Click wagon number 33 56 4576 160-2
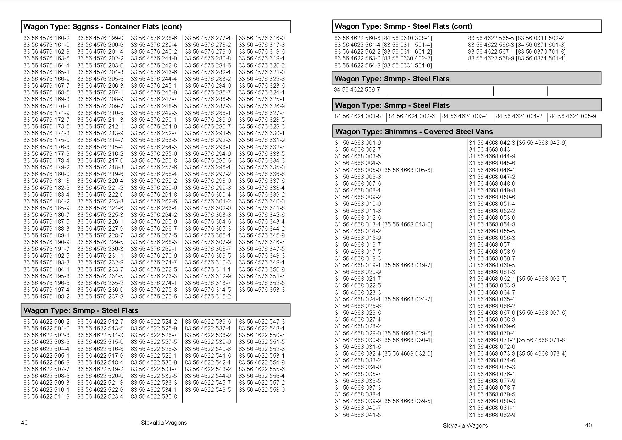[x=46, y=38]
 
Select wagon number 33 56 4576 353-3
[x=261, y=290]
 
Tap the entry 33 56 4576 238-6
[x=154, y=38]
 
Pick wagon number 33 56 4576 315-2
[x=208, y=296]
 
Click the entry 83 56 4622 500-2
[x=46, y=321]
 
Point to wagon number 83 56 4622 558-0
[x=261, y=390]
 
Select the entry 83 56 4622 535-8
[x=154, y=396]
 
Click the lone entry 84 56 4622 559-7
[x=357, y=89]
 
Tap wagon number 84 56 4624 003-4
[x=465, y=116]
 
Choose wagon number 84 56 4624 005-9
[x=573, y=116]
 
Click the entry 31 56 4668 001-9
[x=357, y=143]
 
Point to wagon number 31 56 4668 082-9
[x=492, y=415]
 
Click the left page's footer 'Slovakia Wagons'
[x=164, y=423]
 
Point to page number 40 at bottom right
[x=588, y=425]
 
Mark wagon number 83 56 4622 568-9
[x=491, y=58]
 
